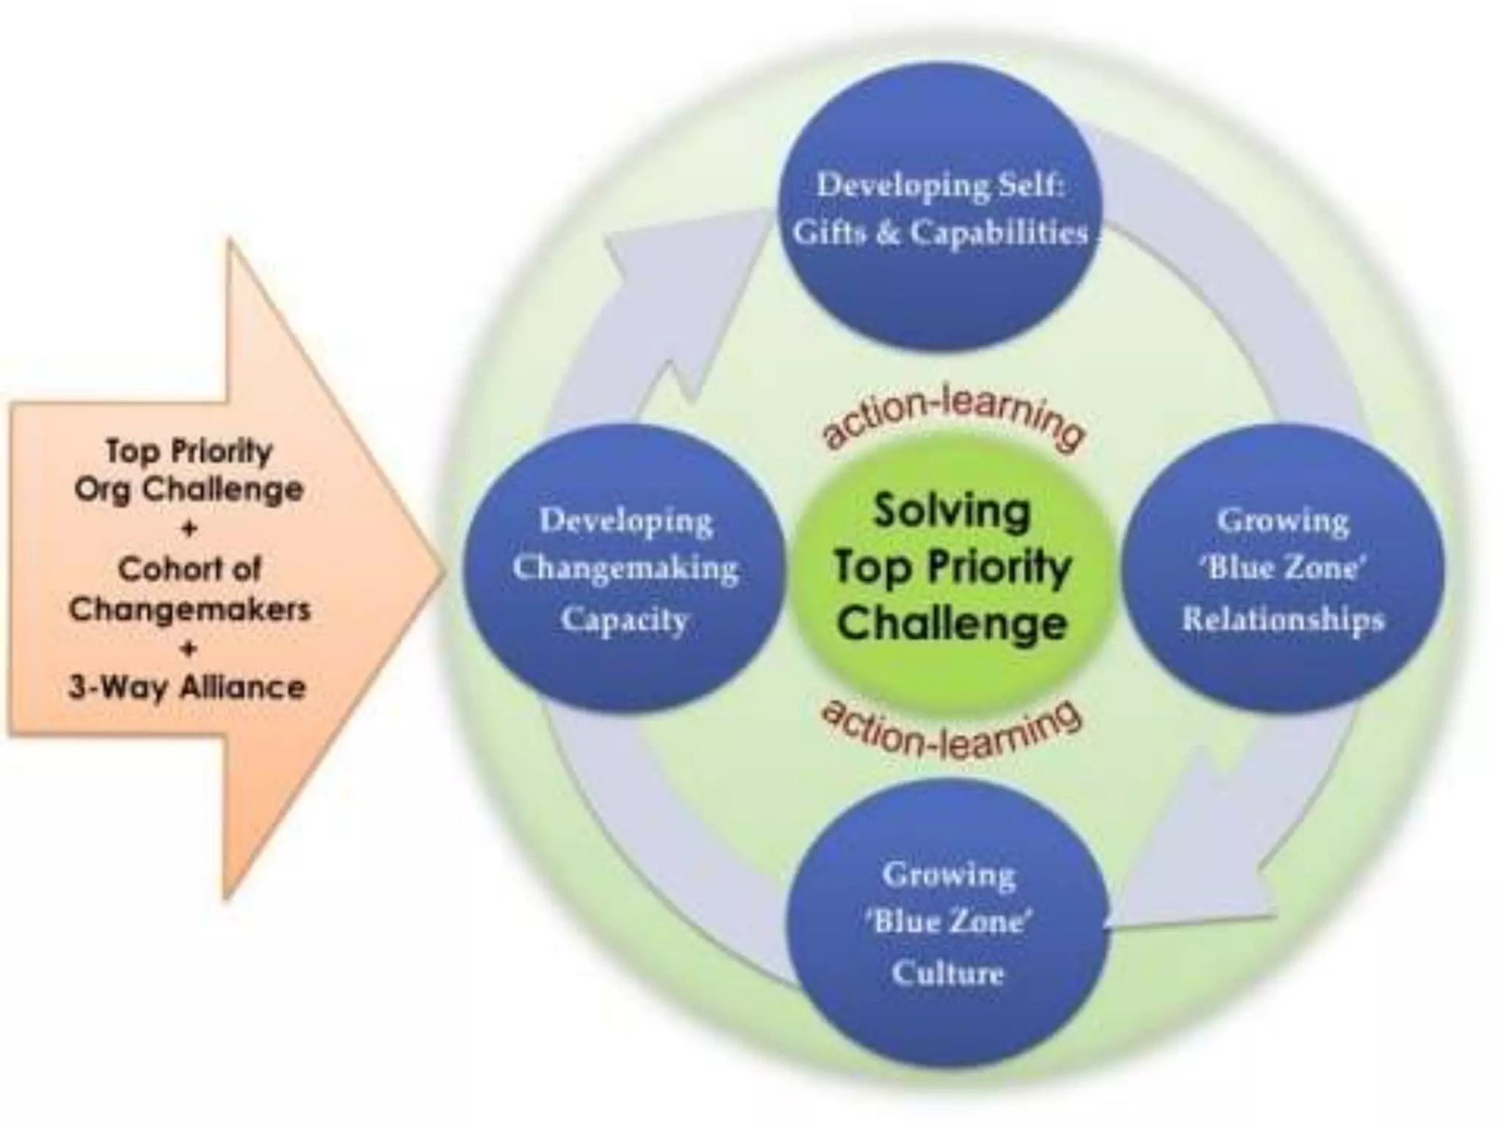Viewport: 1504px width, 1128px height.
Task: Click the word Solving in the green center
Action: (952, 511)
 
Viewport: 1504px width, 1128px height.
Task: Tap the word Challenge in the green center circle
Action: (952, 624)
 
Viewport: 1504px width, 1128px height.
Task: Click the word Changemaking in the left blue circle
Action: (626, 568)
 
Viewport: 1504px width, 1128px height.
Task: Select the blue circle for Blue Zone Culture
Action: (947, 1013)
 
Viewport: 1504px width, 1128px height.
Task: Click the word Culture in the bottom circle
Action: (947, 973)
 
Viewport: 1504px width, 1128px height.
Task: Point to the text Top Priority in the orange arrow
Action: (189, 450)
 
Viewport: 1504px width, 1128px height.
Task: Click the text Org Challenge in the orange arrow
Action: (189, 489)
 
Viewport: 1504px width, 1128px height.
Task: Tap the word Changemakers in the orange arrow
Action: (189, 608)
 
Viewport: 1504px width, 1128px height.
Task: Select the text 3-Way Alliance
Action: (187, 688)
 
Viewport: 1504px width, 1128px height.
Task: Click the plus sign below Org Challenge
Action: (189, 529)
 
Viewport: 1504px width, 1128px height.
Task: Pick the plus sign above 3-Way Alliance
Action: (189, 648)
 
